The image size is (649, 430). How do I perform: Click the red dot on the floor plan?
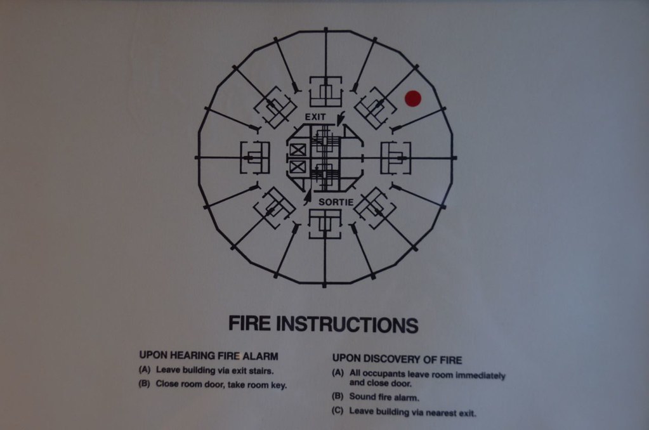tap(412, 98)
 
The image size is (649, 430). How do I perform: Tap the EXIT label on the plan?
tap(315, 117)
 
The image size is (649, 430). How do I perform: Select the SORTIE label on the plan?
tap(336, 202)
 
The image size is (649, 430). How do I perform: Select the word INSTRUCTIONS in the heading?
tap(347, 325)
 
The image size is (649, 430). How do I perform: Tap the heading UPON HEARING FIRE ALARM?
tap(209, 356)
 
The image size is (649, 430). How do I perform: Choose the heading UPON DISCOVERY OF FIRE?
tap(397, 359)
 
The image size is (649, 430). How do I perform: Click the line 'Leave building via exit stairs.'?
tap(215, 370)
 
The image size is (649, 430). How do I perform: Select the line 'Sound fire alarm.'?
tap(384, 397)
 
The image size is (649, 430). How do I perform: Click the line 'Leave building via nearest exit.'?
tap(412, 412)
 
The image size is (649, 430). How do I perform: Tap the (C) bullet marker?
tap(338, 412)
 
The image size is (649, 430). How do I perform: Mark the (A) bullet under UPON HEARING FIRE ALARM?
tap(145, 370)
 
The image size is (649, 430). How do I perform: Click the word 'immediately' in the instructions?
tap(480, 376)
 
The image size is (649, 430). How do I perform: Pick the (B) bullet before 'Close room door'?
tap(144, 384)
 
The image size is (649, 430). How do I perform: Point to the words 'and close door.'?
tap(381, 383)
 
